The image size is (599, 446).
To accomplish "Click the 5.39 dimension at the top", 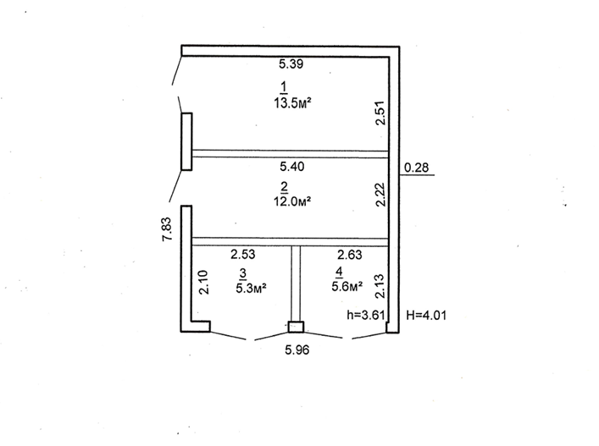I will [x=292, y=64].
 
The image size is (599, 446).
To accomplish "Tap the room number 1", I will [x=284, y=86].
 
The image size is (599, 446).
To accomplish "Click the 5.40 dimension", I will [x=292, y=167].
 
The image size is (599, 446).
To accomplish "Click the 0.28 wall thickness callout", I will [x=416, y=168].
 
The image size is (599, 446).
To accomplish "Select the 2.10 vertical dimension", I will [x=203, y=282].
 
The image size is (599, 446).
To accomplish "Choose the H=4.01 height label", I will [x=427, y=315].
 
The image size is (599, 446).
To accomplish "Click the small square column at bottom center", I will [x=295, y=327].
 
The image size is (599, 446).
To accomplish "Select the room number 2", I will [x=285, y=186].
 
